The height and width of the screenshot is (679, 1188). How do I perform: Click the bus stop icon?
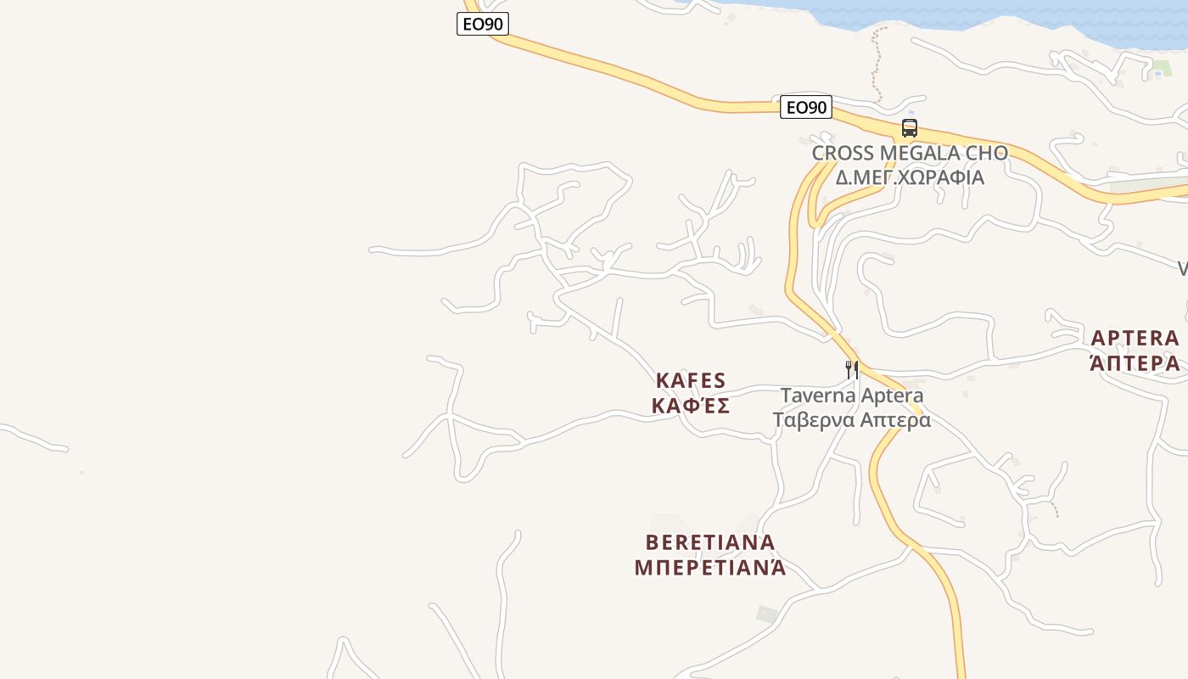910,128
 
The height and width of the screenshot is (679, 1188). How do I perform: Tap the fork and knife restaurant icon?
852,369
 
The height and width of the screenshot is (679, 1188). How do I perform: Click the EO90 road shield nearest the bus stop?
805,107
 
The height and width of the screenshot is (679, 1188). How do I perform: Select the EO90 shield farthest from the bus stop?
482,24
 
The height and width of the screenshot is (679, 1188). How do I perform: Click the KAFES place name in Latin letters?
690,380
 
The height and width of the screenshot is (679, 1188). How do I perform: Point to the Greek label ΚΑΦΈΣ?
690,406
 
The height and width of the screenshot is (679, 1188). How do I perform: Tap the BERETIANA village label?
710,542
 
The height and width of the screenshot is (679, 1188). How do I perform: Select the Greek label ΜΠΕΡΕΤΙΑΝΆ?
710,567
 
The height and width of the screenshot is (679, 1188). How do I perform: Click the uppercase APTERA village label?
1135,338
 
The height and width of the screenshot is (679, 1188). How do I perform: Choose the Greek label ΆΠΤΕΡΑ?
1135,363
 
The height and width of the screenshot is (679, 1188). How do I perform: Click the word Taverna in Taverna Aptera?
817,396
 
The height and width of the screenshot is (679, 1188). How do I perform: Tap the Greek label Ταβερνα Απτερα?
851,420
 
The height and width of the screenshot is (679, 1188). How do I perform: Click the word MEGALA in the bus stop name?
920,154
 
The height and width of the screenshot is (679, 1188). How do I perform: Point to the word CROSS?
843,154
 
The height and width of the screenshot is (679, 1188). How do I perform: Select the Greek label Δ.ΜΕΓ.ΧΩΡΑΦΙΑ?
910,177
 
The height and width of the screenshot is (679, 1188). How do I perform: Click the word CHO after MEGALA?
987,154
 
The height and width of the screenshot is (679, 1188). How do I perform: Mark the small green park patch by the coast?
1162,66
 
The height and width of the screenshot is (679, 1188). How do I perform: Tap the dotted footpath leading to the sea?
876,59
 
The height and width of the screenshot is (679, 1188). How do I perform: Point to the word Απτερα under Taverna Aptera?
899,420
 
